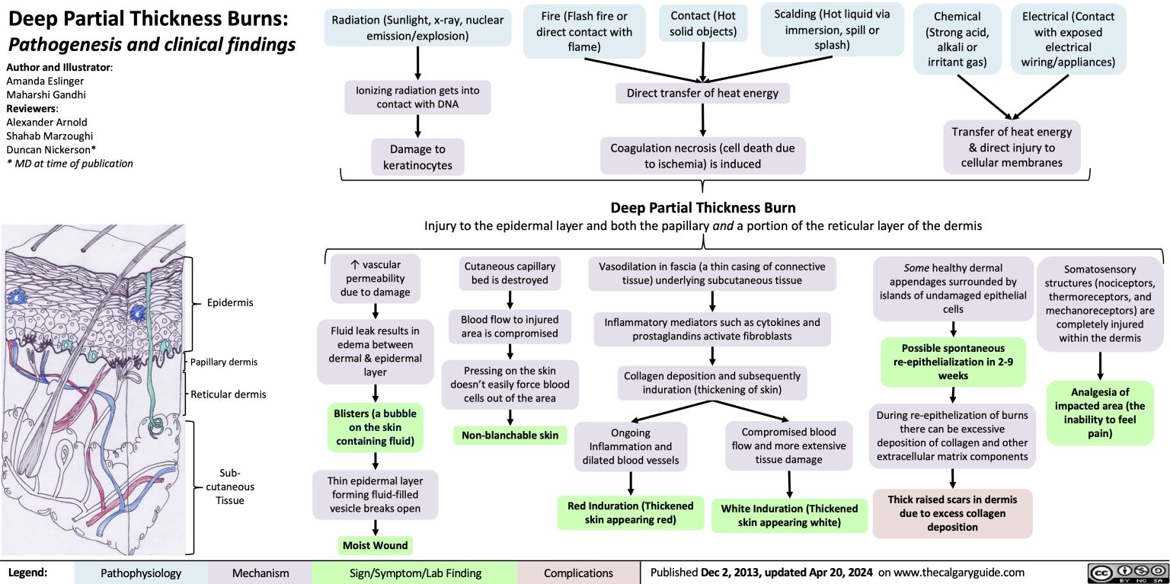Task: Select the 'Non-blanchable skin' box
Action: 509,435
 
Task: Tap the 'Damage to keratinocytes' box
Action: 417,156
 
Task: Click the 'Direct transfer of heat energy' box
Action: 702,94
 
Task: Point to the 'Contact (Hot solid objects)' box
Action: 702,24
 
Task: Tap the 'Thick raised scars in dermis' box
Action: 952,513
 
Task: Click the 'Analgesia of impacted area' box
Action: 1099,413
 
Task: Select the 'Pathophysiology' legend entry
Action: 142,573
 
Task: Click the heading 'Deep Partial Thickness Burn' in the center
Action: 703,208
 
